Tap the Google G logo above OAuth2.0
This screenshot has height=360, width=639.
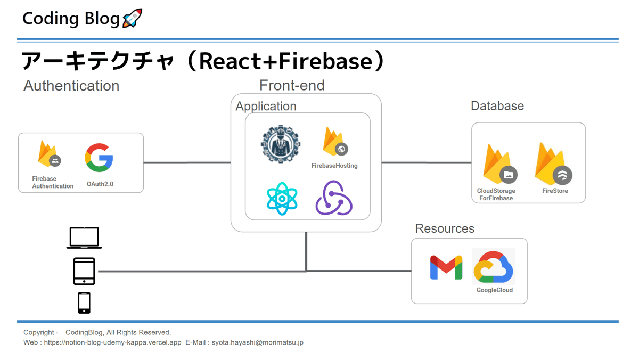point(99,158)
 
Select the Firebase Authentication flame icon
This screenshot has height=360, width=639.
point(48,154)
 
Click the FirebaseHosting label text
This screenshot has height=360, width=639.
point(334,166)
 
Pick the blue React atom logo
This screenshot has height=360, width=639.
point(282,198)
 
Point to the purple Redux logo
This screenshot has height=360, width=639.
point(334,198)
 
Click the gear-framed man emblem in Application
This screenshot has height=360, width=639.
point(281,144)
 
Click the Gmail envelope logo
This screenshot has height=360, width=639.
point(446,267)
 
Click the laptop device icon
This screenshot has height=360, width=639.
point(84,238)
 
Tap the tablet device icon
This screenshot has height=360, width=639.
point(84,271)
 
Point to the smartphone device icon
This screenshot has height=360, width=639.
point(84,302)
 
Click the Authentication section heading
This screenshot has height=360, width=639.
point(71,86)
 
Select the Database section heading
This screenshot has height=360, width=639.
point(497,106)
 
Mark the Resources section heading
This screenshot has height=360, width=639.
point(445,228)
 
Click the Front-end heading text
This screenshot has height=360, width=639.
point(292,85)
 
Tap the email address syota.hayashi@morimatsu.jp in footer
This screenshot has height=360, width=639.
point(257,342)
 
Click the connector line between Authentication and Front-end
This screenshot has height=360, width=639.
point(187,162)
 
